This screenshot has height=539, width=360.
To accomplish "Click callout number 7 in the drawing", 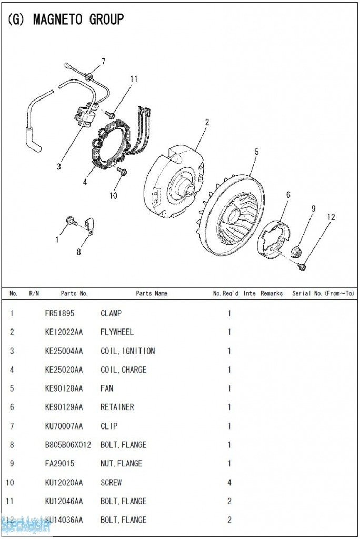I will tap(103, 62).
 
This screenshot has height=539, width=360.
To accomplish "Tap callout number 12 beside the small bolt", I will tap(331, 217).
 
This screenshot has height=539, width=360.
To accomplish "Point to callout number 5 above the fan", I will tap(256, 152).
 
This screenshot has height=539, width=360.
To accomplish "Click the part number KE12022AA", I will tap(64, 332).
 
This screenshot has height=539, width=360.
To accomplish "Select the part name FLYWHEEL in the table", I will tap(117, 332).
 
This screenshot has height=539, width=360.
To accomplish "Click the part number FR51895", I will tap(59, 313).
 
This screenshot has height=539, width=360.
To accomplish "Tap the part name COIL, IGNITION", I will tap(127, 351).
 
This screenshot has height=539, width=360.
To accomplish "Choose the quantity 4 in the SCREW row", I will tap(229, 482).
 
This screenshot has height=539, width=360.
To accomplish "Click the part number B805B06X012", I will tap(68, 445).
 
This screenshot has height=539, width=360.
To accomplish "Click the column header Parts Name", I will tap(152, 293).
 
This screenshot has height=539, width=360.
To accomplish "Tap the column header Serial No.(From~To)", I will tap(323, 293).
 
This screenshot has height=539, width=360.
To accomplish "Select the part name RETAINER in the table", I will tap(117, 407).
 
